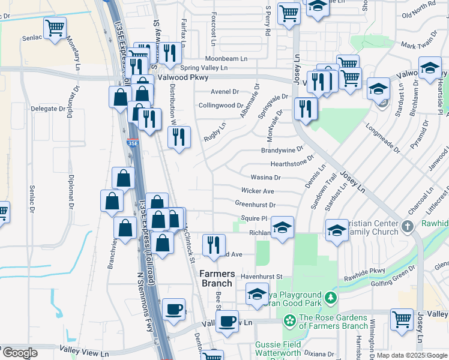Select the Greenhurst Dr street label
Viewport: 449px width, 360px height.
255,205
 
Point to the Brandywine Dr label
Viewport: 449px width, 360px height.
282,151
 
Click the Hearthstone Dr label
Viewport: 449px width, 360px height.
292,163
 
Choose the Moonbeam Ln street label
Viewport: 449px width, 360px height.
226,59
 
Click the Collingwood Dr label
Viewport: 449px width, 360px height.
220,105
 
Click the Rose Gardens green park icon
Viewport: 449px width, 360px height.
291,322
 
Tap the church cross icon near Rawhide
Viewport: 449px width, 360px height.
408,226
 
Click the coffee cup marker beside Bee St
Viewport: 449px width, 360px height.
227,320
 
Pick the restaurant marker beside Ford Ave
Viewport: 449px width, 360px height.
214,244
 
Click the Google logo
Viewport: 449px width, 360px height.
20,353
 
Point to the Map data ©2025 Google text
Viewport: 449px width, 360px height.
411,355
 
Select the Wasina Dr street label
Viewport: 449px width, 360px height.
265,178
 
